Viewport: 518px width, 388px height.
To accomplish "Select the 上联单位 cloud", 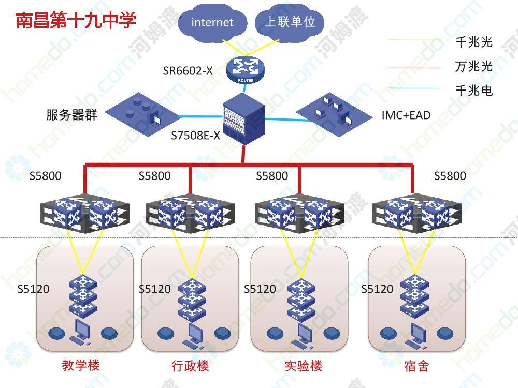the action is [290, 22].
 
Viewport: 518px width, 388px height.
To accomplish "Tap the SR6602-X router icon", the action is [246, 70].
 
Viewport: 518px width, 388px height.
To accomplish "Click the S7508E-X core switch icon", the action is [244, 119].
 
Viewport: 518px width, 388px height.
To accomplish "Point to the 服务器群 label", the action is [71, 115].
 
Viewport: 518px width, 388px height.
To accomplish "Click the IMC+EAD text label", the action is [406, 115].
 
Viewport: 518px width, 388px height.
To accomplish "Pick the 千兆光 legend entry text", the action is [474, 42].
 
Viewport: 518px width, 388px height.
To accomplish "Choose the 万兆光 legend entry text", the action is [474, 66].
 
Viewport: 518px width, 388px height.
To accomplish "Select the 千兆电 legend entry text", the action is [474, 91].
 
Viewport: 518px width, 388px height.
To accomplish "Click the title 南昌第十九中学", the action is [76, 20].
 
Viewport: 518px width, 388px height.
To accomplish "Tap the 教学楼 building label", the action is [81, 365].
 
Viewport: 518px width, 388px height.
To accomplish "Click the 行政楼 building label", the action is [190, 366].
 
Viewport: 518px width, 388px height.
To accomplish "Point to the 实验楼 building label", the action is [303, 366].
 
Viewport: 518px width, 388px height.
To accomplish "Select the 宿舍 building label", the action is [416, 366].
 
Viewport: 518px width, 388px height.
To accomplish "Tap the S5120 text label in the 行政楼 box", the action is [154, 289].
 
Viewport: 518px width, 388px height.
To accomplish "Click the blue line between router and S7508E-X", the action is [244, 88].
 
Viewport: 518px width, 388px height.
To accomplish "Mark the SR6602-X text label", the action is [188, 70].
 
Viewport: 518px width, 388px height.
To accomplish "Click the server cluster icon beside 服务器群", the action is [142, 114].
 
